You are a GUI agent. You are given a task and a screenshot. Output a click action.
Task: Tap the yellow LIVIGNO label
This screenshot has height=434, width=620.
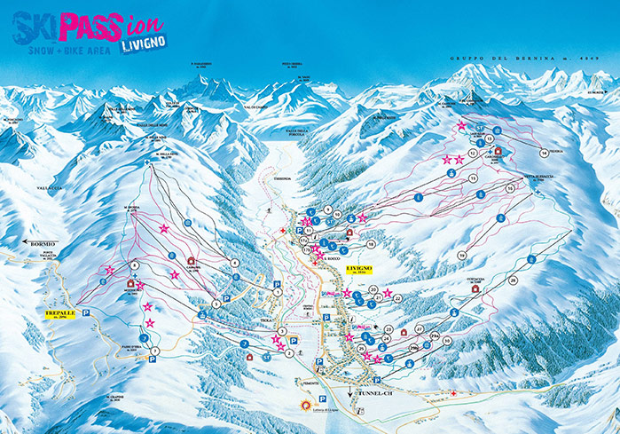358,268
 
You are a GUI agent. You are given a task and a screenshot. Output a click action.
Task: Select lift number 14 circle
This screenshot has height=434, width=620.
542,154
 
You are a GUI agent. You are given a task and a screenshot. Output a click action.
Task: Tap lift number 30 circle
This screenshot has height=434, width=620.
447,341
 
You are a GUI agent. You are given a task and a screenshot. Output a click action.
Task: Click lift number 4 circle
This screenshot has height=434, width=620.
235,263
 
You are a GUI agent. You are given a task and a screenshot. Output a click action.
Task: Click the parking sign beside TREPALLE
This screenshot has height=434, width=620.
86,312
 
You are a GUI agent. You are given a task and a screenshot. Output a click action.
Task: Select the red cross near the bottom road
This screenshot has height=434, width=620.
453,393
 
